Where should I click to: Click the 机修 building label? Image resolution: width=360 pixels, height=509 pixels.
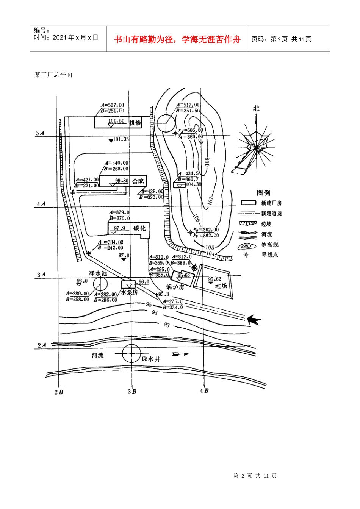135,123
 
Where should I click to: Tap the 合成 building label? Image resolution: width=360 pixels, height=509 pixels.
138,181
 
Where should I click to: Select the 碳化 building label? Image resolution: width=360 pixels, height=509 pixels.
139,228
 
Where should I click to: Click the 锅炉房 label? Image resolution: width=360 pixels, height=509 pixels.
175,287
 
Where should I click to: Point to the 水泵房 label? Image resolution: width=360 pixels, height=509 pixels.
129,292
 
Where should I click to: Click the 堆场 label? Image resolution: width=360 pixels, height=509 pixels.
221,286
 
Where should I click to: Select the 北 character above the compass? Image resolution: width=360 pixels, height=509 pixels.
256,108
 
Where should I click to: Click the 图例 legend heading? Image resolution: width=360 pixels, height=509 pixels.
263,193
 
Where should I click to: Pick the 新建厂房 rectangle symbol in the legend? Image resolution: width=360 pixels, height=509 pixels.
249,203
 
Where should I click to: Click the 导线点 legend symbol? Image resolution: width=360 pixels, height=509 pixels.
246,255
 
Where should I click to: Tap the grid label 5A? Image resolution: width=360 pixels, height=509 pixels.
40,133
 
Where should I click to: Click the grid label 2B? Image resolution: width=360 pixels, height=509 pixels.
58,392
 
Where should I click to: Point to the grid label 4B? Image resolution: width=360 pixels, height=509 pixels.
204,391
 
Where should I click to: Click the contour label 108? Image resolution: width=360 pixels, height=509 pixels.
207,161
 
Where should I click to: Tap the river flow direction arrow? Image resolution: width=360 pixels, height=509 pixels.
180,354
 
